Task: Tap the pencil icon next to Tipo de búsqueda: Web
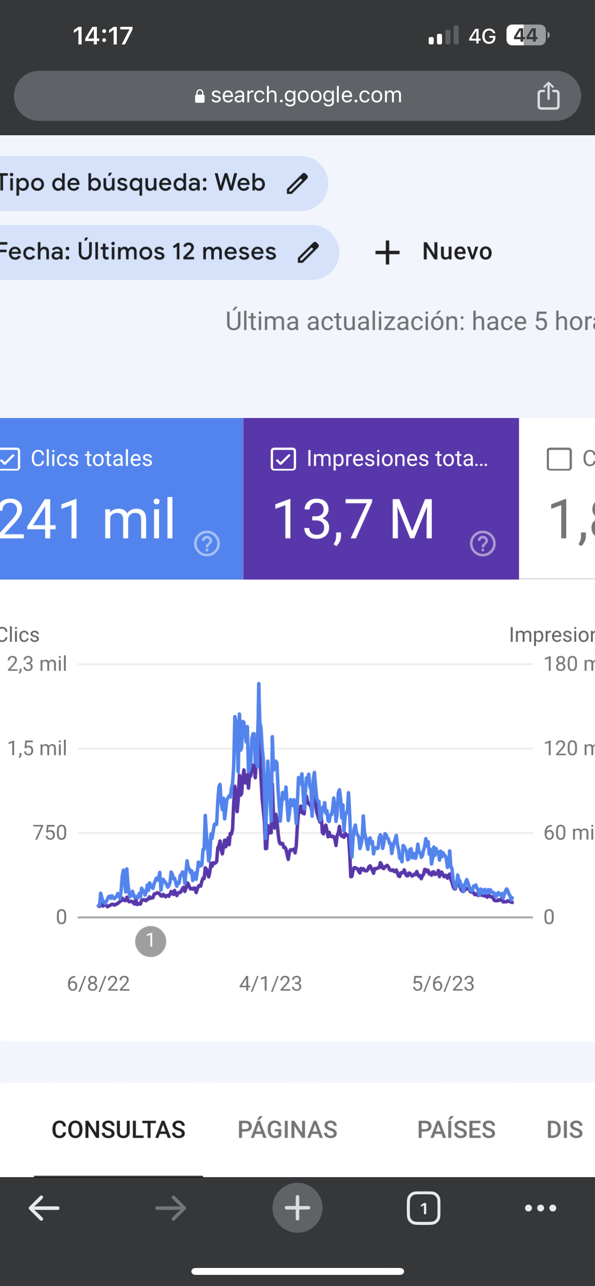[x=297, y=183]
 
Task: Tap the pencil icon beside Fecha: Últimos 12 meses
[x=308, y=252]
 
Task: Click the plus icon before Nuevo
[x=387, y=252]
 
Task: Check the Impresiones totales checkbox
[x=283, y=459]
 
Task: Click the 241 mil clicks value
[x=88, y=519]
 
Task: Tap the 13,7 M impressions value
[x=353, y=519]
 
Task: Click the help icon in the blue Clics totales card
[x=207, y=543]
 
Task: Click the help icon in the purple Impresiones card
[x=482, y=543]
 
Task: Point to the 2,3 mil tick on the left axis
[x=37, y=664]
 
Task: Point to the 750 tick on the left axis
[x=50, y=833]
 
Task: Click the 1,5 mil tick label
[x=37, y=749]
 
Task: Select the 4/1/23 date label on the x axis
[x=270, y=983]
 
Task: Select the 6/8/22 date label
[x=98, y=983]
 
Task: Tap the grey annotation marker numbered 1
[x=151, y=942]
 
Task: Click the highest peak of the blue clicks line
[x=259, y=684]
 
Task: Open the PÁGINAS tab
[x=287, y=1129]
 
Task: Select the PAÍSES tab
[x=456, y=1129]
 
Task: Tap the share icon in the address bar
[x=548, y=95]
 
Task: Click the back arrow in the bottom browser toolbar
[x=44, y=1208]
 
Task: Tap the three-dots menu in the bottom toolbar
[x=540, y=1208]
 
